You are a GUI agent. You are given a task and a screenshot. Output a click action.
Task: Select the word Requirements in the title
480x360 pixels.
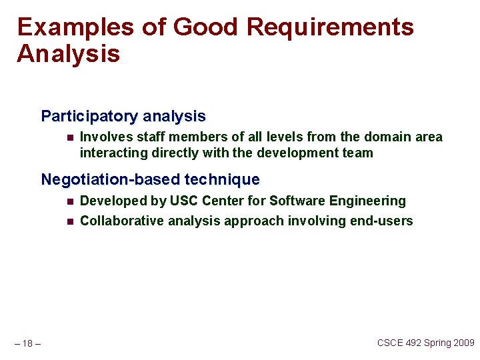tap(330, 28)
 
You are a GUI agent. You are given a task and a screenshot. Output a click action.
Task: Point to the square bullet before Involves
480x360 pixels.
tap(69, 137)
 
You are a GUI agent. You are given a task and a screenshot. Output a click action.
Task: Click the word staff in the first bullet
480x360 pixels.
tap(151, 137)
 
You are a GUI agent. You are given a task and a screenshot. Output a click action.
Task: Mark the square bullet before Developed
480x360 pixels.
tap(69, 201)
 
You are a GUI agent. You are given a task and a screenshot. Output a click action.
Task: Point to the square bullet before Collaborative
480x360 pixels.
tap(69, 221)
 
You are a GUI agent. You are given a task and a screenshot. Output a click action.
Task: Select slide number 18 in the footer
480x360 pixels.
tap(27, 344)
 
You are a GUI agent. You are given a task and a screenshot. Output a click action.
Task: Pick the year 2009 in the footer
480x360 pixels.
tap(462, 343)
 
